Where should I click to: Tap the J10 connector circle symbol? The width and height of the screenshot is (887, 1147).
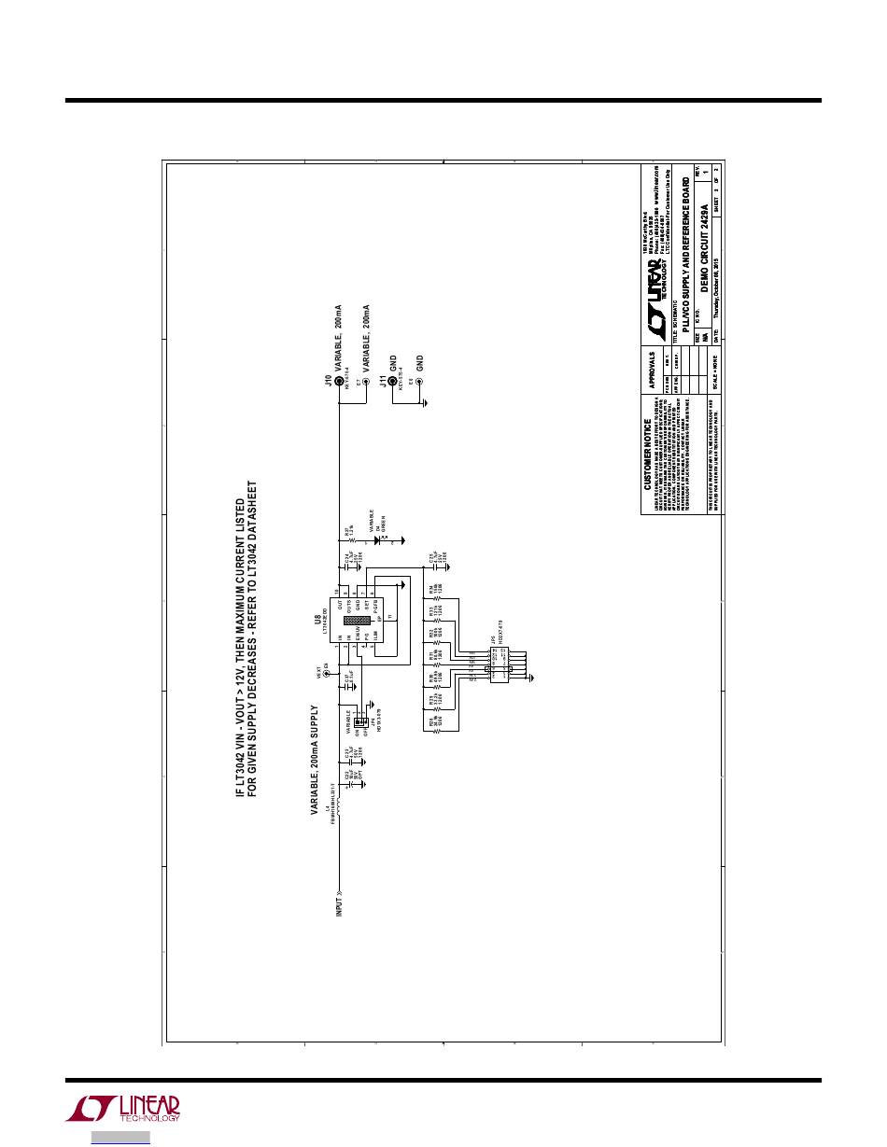coord(338,382)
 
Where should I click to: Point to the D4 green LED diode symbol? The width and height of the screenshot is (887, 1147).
coord(384,539)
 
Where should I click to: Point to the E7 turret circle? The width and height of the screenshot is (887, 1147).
coord(365,382)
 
